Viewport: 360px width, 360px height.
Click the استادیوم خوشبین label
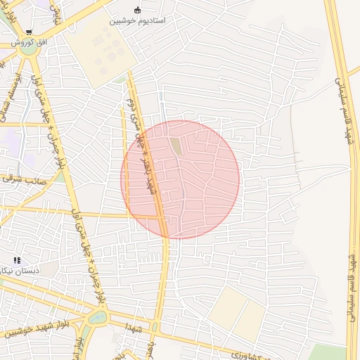coord(136,21)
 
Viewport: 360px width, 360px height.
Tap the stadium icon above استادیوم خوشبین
coord(136,10)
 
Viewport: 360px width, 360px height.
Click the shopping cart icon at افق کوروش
coord(29,32)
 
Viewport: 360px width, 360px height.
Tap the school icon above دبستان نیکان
coord(17,260)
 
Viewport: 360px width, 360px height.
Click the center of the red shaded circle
coord(180,179)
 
